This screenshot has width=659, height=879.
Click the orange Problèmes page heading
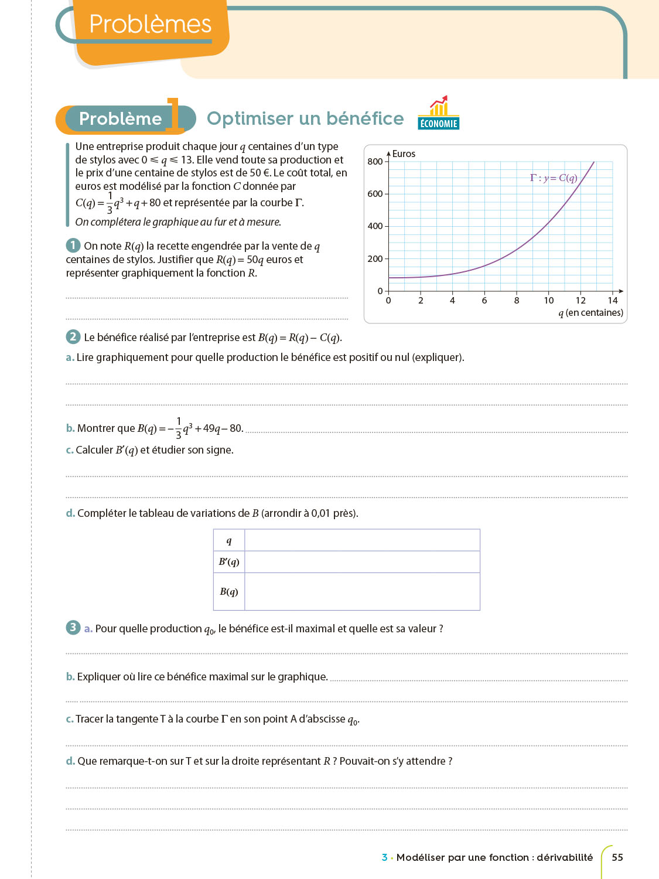(x=150, y=25)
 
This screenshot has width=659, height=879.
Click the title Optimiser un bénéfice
(x=305, y=118)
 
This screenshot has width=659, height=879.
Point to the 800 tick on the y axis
(x=375, y=162)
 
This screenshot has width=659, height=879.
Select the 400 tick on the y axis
(x=375, y=226)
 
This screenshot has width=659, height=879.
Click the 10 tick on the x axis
(x=549, y=301)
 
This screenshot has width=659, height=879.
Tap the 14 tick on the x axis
(x=613, y=301)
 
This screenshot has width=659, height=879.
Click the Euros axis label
(x=404, y=154)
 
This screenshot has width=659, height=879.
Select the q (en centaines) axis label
(x=590, y=313)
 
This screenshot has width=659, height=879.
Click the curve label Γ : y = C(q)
(x=554, y=178)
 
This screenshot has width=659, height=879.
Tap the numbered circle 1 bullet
(x=73, y=245)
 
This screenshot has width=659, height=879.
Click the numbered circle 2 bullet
(x=73, y=336)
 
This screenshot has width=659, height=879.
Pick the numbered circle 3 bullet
(x=73, y=627)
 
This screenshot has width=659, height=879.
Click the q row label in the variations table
(x=229, y=541)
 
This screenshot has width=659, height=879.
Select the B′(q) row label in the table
(x=229, y=562)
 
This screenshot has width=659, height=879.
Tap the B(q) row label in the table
(x=229, y=591)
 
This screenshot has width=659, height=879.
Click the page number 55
(x=617, y=857)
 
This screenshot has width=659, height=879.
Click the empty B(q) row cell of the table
(x=362, y=591)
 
